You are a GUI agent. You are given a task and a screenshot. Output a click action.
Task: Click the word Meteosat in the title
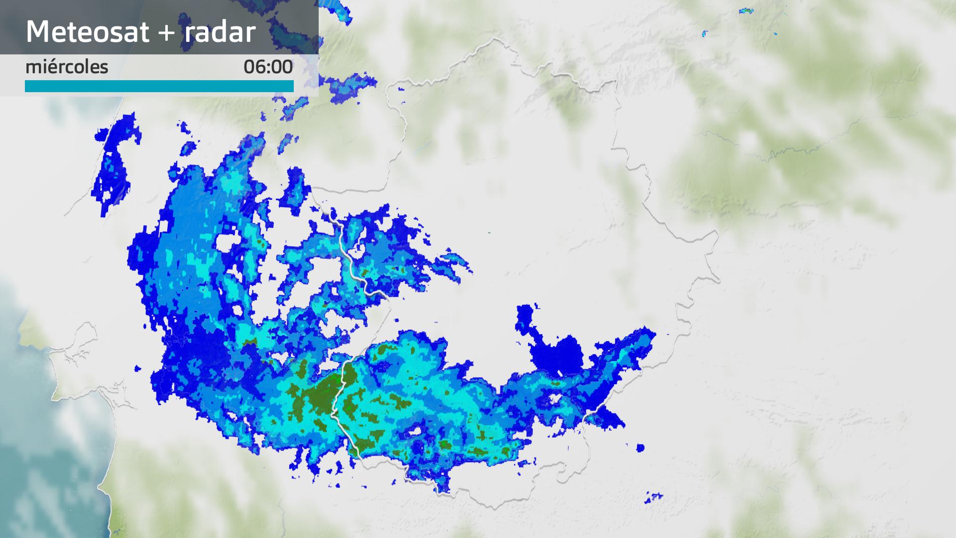point(88,32)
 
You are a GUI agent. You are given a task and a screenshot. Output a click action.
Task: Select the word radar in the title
point(220,32)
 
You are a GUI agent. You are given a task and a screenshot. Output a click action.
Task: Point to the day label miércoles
point(67,67)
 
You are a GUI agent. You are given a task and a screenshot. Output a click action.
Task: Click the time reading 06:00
point(268,67)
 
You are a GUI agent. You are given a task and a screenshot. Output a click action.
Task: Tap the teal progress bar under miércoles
point(159,86)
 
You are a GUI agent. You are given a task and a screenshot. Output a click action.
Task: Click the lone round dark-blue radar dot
point(640,448)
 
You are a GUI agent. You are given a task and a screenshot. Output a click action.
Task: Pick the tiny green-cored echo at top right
point(745,10)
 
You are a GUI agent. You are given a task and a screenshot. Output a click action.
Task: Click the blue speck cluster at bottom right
point(654,498)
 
